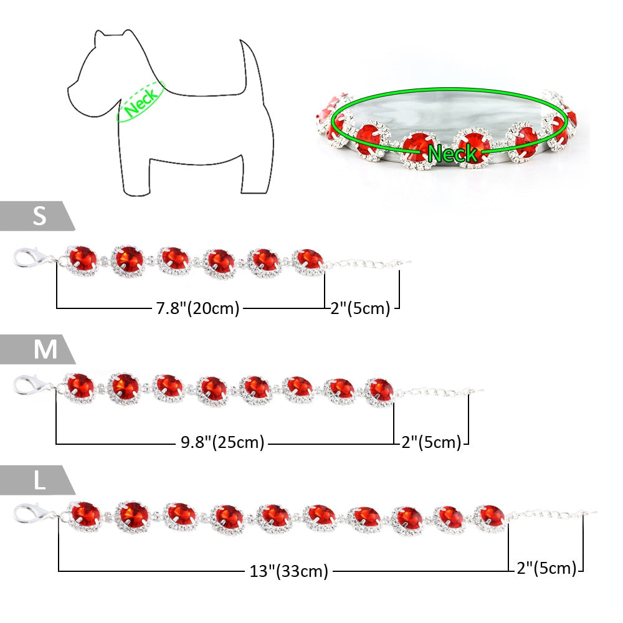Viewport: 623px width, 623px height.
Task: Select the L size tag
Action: pos(39,480)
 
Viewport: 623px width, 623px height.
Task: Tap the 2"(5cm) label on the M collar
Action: pos(431,442)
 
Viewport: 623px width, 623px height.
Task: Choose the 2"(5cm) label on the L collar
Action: pos(547,568)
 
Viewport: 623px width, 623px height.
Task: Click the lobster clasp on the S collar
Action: pos(28,258)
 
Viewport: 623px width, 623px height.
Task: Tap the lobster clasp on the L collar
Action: pos(30,514)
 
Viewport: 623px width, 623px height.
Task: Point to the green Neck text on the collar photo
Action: pos(453,153)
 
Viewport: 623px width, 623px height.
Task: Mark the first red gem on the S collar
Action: pos(83,259)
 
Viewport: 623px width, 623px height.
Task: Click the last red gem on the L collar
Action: pos(490,516)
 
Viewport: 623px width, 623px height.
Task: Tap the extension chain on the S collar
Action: pos(368,264)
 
